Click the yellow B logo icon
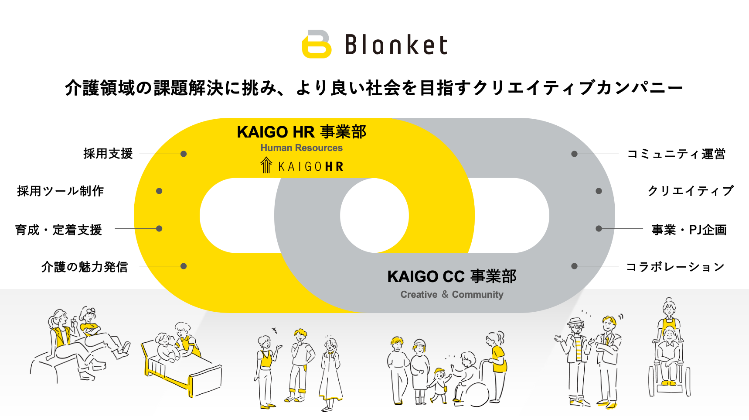(317, 44)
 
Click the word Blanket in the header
(396, 45)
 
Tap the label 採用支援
(108, 154)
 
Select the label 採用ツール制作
(61, 191)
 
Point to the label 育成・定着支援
(58, 230)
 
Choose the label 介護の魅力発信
(85, 267)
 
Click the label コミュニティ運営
(676, 154)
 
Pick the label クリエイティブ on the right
(691, 191)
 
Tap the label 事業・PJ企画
(689, 230)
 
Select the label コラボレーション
(675, 267)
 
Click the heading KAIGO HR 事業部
(301, 132)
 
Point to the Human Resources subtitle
(301, 148)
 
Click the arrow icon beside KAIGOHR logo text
(266, 165)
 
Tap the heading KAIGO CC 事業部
(452, 276)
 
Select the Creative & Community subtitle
(452, 295)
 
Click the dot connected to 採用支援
(184, 154)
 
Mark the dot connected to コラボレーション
(575, 266)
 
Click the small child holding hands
(439, 384)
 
